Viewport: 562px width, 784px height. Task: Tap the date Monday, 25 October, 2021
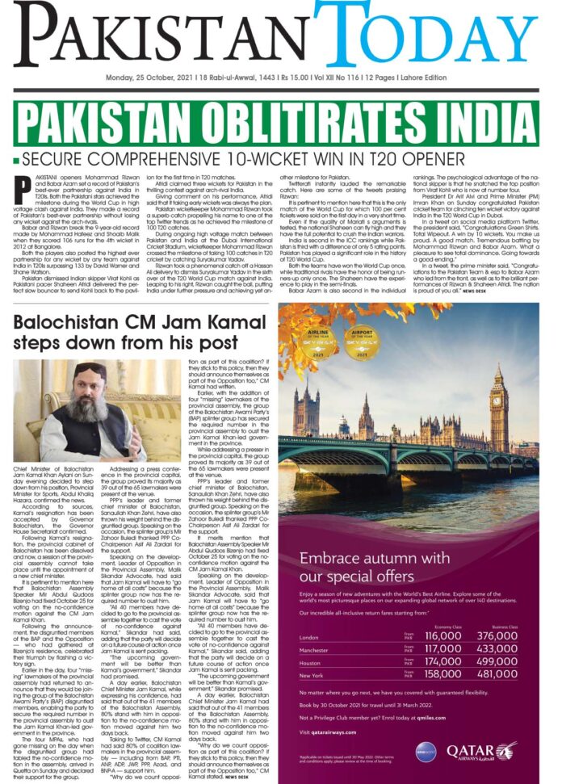[149, 78]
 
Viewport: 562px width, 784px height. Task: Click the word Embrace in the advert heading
[329, 558]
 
